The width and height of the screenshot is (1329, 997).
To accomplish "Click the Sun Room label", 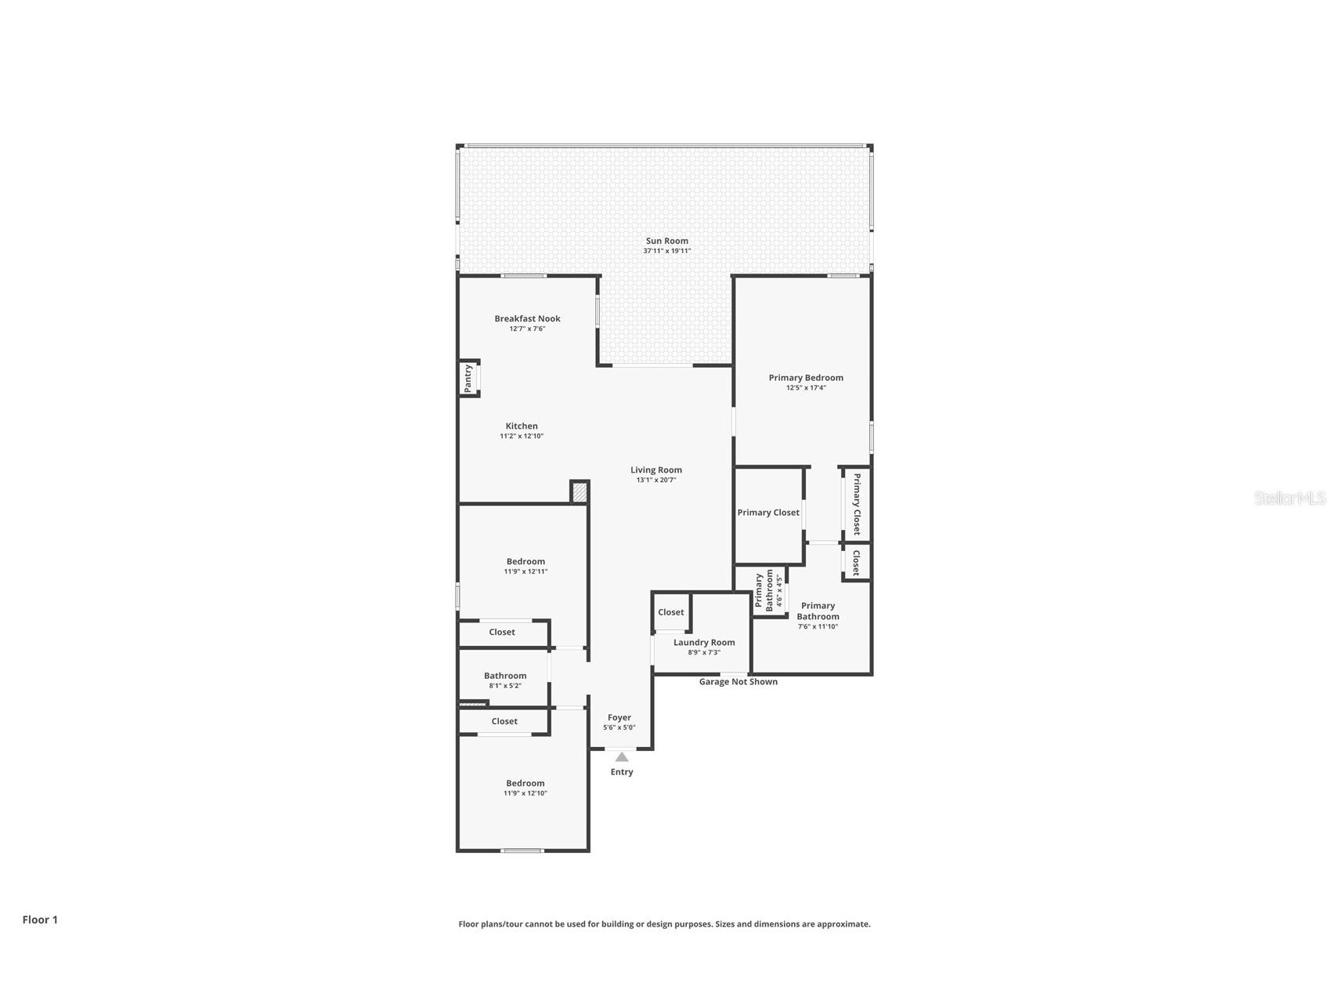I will click(666, 241).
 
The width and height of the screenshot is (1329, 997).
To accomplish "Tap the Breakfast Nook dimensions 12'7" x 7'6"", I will click(527, 329).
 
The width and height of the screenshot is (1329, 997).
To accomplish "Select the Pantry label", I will click(468, 378).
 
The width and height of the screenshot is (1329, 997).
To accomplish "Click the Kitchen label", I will click(522, 426).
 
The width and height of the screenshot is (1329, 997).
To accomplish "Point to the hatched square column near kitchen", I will click(580, 492).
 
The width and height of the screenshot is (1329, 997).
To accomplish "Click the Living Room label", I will click(656, 469).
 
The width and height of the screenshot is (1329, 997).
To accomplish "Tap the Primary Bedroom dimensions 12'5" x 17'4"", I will click(806, 388).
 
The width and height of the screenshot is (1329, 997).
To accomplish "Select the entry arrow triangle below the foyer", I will click(621, 757).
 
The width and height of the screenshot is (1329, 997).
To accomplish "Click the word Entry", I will click(622, 772).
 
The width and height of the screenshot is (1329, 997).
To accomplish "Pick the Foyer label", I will click(619, 717).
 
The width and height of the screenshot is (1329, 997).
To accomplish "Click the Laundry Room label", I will click(704, 642).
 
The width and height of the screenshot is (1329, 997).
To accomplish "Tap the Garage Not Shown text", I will click(738, 682).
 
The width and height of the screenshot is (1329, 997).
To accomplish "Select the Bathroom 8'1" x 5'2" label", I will click(505, 676).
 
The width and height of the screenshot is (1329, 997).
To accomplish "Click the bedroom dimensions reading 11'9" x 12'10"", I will click(525, 793).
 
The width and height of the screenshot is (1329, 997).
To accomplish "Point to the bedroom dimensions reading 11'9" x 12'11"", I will click(525, 571).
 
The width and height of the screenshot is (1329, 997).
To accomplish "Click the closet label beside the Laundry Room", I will click(670, 612).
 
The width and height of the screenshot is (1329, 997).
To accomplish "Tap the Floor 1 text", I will click(40, 920).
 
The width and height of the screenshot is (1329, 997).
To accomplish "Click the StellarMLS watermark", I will click(1289, 498).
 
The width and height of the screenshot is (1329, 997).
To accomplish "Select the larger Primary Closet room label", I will click(768, 513).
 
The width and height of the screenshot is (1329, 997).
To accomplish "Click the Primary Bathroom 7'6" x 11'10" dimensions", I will click(818, 627).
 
